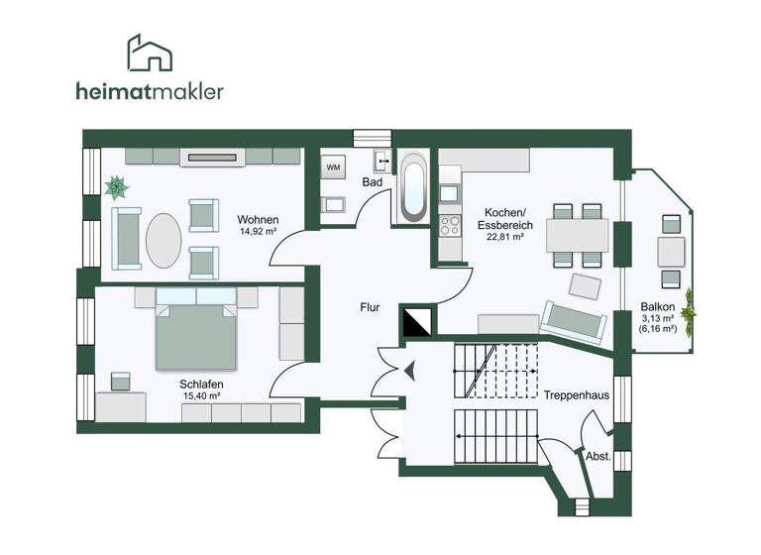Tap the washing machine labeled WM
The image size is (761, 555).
[x=332, y=167]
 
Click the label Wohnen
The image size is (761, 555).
[x=257, y=219]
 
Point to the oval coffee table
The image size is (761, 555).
[x=163, y=238]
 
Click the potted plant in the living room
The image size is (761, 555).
[x=117, y=185]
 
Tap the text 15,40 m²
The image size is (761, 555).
[x=201, y=396]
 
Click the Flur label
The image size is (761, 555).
[x=370, y=307]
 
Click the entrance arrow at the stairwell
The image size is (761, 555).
[x=407, y=372]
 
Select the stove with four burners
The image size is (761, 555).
[x=449, y=223]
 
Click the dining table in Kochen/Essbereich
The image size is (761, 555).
[x=578, y=235]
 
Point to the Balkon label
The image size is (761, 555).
[x=658, y=307]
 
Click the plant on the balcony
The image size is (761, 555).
[x=687, y=314]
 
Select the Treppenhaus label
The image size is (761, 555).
[x=576, y=394]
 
